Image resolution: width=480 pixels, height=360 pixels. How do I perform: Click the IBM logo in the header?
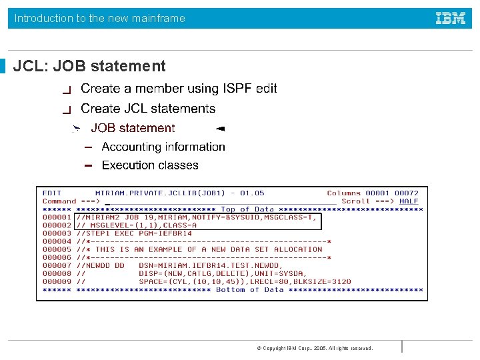click(x=451, y=18)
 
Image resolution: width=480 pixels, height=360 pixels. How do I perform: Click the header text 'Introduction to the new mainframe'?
click(x=100, y=19)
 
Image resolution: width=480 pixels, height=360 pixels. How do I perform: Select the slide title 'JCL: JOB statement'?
click(x=89, y=66)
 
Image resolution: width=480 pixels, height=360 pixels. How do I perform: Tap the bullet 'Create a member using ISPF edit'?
click(x=179, y=88)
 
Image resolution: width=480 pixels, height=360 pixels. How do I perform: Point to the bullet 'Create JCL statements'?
click(x=148, y=108)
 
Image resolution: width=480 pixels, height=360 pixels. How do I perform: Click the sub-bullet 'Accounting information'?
click(x=163, y=147)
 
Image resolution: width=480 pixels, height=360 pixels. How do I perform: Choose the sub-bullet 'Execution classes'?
click(x=150, y=165)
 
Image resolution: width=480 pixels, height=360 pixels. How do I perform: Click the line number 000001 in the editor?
click(x=57, y=217)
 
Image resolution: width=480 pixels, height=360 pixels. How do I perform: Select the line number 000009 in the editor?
click(x=57, y=282)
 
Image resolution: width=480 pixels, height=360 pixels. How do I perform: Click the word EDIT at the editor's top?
click(x=52, y=193)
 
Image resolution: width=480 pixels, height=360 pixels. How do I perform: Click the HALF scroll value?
click(x=409, y=201)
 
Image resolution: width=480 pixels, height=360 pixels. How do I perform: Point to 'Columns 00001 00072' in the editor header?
click(x=373, y=193)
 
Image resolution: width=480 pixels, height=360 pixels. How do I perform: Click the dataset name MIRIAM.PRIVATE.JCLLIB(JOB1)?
click(x=160, y=193)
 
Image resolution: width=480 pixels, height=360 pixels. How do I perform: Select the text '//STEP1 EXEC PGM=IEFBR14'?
click(x=134, y=233)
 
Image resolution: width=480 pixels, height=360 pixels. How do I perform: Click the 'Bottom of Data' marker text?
click(x=249, y=290)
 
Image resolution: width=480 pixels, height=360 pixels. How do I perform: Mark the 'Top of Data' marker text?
click(x=247, y=209)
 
